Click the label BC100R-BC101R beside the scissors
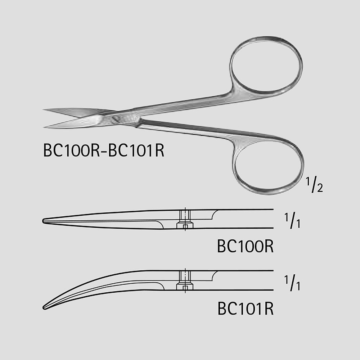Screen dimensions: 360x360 [x=104, y=150]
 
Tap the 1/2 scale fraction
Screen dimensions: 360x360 [x=314, y=185]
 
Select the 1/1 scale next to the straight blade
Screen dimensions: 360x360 [x=292, y=221]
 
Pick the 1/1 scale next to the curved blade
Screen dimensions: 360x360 [x=292, y=283]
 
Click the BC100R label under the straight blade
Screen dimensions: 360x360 [x=245, y=246]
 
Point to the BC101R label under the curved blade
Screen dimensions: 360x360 [x=246, y=309]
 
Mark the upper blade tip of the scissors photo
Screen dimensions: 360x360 [x=43, y=110]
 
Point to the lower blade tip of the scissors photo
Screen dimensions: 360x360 [x=44, y=127]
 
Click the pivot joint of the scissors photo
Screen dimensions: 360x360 [x=116, y=119]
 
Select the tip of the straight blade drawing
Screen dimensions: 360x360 [x=43, y=221]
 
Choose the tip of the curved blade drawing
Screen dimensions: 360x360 [x=44, y=307]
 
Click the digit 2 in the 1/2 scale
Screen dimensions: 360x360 [x=320, y=188]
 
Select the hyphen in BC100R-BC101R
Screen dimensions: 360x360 [x=104, y=152]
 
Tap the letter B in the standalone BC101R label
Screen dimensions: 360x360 [x=221, y=309]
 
